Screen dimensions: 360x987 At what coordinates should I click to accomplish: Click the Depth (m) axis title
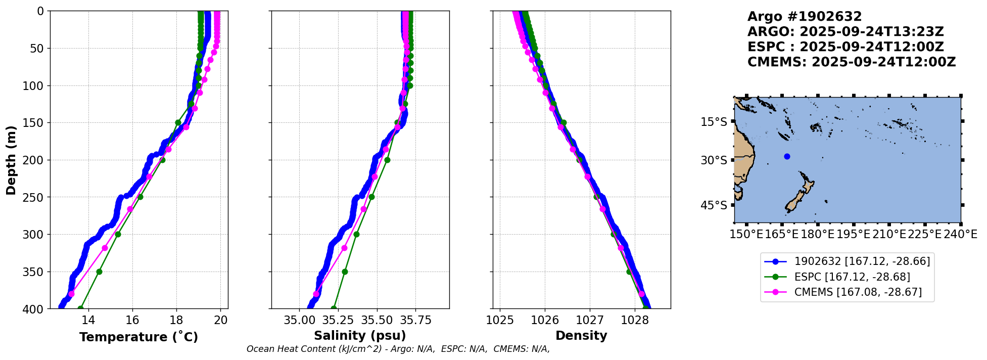[x=11, y=160]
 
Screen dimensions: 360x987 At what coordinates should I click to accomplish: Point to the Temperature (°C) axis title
[x=138, y=337]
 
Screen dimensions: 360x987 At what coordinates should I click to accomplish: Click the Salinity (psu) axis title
[x=360, y=336]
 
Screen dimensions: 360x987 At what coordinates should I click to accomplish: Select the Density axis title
[x=581, y=336]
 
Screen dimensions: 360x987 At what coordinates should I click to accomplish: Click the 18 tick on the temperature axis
[x=176, y=320]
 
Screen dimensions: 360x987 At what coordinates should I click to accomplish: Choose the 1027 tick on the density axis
[x=590, y=320]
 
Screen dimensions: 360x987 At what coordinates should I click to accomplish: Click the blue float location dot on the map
[x=787, y=156]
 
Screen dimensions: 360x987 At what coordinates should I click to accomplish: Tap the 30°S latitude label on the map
[x=714, y=160]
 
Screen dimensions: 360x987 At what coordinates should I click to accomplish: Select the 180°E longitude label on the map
[x=817, y=235]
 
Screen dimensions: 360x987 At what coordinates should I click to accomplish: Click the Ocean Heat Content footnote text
[x=398, y=349]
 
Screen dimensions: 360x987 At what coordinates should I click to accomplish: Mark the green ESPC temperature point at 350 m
[x=99, y=272]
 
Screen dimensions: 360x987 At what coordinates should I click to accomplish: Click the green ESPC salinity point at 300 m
[x=356, y=234]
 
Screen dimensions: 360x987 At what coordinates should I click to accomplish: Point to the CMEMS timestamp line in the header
[x=851, y=62]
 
